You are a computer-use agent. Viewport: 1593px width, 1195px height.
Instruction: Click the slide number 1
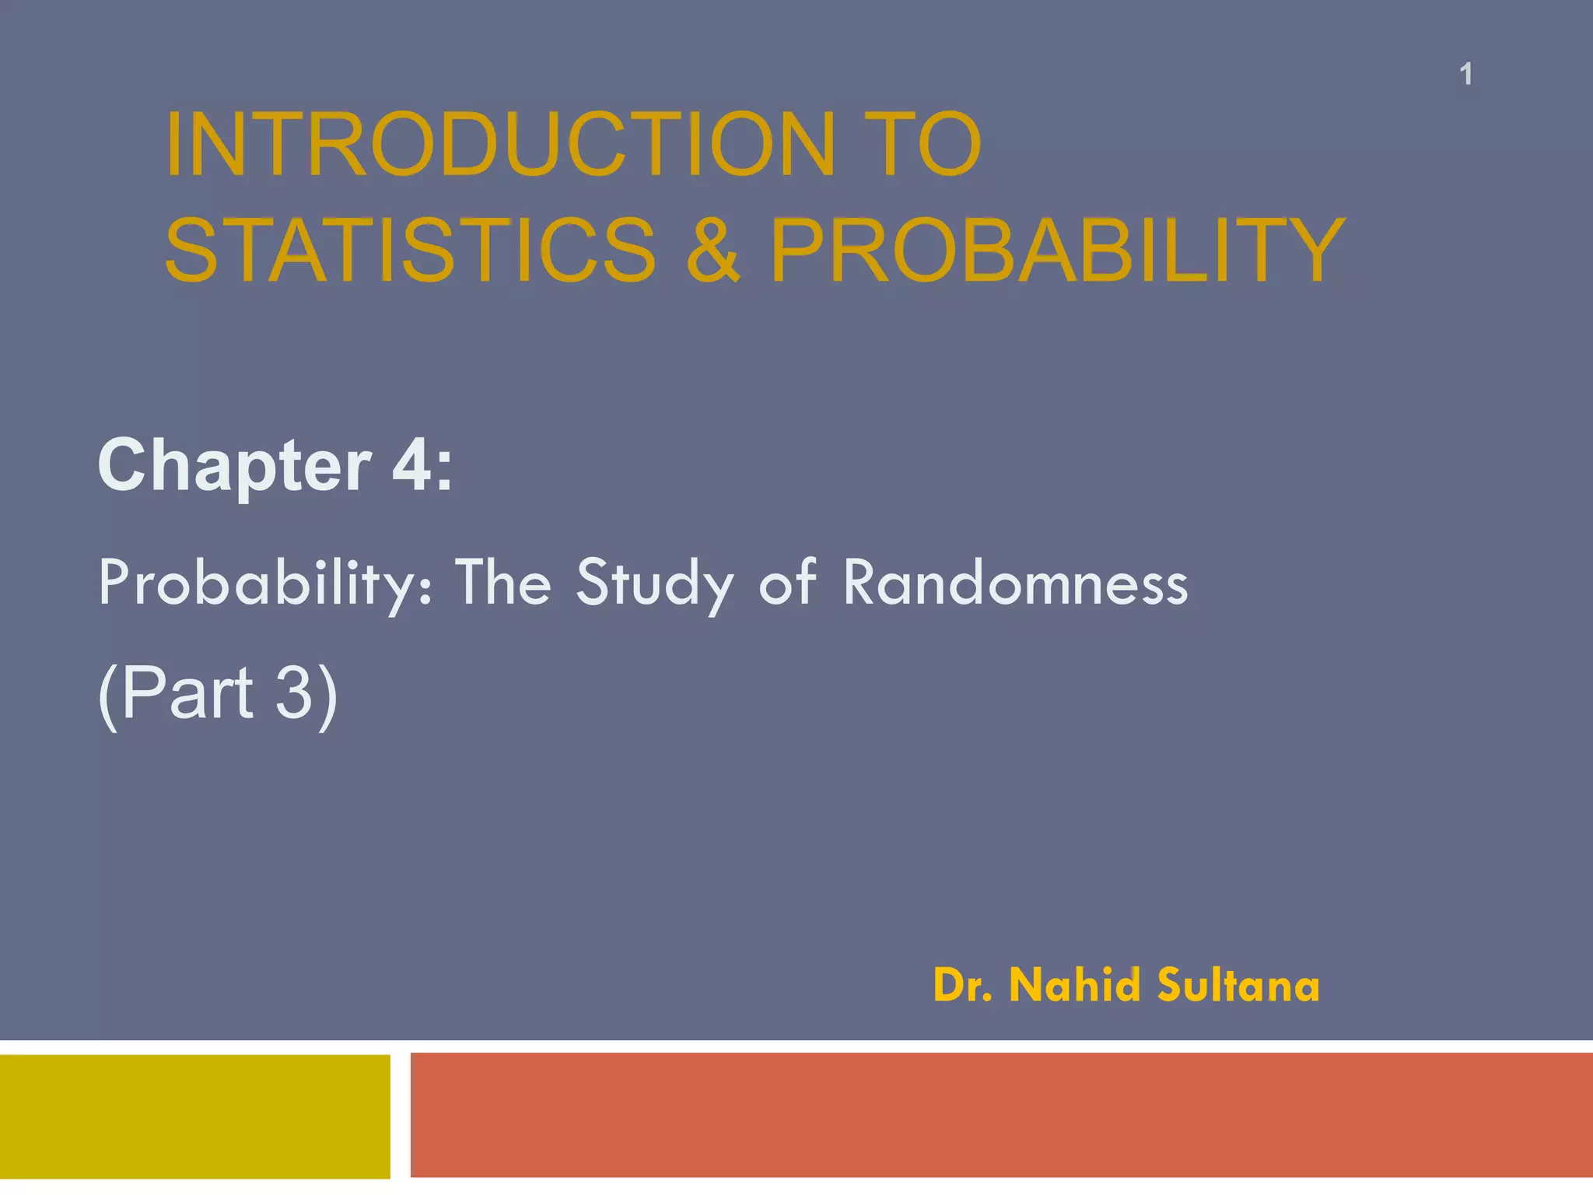pos(1465,75)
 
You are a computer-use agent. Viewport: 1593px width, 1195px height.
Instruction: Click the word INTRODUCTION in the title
pos(499,145)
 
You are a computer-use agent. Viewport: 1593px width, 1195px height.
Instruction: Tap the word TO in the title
pos(930,145)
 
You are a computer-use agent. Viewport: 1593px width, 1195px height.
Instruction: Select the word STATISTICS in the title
pos(411,250)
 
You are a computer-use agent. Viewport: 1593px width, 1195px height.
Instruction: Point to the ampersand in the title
pos(712,250)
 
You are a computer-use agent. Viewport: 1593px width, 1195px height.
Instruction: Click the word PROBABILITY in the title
pos(1057,250)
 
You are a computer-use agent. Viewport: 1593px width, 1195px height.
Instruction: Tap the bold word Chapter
pos(234,466)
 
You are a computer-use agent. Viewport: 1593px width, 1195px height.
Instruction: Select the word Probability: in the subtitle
pos(265,583)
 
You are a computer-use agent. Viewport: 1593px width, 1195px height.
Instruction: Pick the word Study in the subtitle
pos(654,583)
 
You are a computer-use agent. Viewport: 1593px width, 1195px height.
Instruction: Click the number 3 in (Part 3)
pos(294,692)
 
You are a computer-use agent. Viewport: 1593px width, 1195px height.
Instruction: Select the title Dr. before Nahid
pos(962,986)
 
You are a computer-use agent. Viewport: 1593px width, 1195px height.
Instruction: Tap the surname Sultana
pos(1238,985)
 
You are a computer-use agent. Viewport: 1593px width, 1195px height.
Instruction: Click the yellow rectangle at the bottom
pos(194,1116)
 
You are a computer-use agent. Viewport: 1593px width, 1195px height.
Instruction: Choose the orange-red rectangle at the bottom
pos(1001,1115)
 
